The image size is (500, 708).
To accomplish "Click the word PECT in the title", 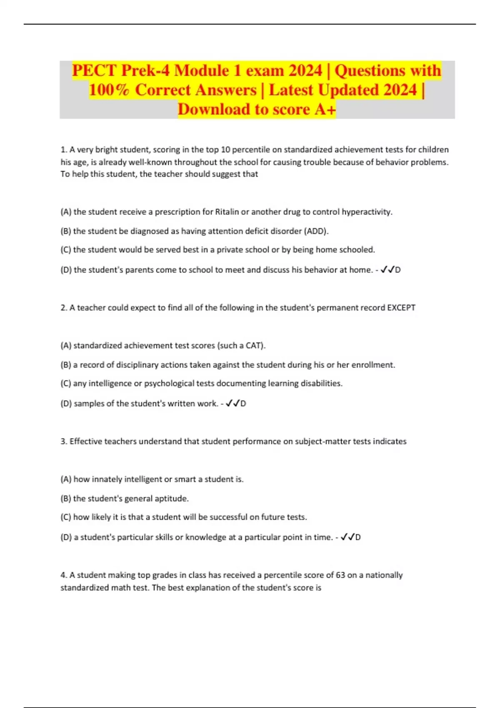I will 94,70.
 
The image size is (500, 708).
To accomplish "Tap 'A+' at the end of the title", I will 325,110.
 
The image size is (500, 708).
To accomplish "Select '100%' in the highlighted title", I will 109,90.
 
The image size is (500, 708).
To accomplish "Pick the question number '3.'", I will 64,441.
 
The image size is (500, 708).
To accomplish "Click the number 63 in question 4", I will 340,575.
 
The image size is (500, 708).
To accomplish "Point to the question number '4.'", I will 64,575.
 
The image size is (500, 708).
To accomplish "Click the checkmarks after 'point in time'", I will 347,537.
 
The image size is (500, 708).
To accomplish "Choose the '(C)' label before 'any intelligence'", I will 66,384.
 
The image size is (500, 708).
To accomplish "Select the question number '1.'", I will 63,150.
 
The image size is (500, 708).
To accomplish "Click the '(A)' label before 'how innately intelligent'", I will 66,479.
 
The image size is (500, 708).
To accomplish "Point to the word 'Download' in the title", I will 214,110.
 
